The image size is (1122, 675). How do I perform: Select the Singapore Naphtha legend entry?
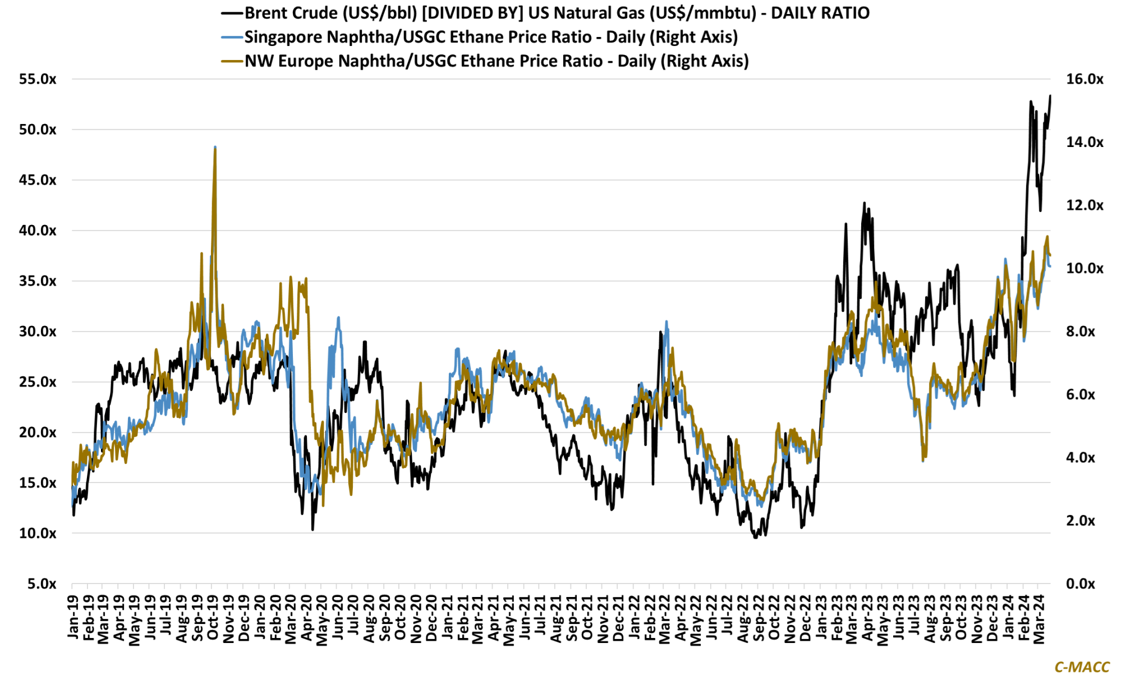[x=491, y=37]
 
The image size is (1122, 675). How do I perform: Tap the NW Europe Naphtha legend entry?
[x=496, y=61]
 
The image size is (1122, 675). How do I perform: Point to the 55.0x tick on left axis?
[x=38, y=79]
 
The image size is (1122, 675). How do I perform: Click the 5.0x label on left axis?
[x=42, y=584]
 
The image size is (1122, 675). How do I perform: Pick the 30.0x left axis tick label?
[x=38, y=332]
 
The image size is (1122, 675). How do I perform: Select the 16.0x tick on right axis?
[x=1084, y=79]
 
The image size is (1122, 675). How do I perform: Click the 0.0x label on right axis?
[x=1080, y=584]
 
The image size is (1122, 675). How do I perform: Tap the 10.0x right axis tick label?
[x=1084, y=268]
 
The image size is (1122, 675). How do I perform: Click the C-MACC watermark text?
[x=1082, y=667]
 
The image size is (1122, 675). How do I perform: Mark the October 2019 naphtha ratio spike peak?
[x=215, y=148]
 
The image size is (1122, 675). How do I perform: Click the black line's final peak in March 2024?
[x=1050, y=96]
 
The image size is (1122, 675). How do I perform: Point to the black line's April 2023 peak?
[x=865, y=203]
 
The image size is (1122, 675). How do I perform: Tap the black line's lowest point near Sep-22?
[x=756, y=538]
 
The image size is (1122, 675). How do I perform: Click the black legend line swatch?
[x=232, y=13]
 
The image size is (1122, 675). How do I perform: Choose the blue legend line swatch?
[x=232, y=37]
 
